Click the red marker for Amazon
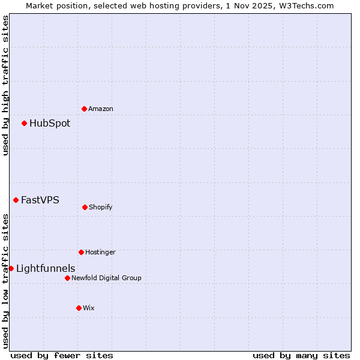(84, 109)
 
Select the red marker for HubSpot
(24, 123)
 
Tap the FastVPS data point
(16, 200)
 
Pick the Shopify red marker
(85, 207)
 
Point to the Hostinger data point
(81, 252)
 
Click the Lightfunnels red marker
(11, 268)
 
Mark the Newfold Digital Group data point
(67, 278)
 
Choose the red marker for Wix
(79, 308)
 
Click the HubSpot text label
(50, 124)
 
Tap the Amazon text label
(101, 109)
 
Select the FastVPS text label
(40, 200)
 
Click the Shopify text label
(101, 208)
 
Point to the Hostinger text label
(100, 253)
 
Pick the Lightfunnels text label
(46, 269)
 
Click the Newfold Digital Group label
(106, 278)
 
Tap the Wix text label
(89, 308)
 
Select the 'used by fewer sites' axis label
(62, 355)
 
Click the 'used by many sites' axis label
(301, 355)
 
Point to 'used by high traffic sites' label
(5, 85)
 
